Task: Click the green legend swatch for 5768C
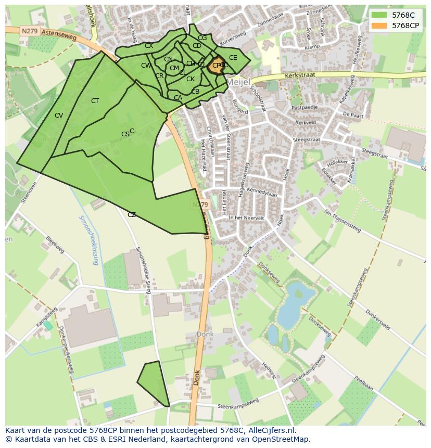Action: (379, 15)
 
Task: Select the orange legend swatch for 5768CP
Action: (379, 25)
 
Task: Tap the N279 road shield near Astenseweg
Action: (29, 31)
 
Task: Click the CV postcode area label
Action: (59, 116)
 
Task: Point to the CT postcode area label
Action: (95, 101)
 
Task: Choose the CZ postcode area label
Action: (132, 215)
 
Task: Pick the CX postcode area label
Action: (149, 46)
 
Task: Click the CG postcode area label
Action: (202, 38)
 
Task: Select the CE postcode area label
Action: (233, 58)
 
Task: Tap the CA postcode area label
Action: (178, 98)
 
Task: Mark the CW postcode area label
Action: (146, 66)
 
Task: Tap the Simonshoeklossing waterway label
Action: (88, 240)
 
